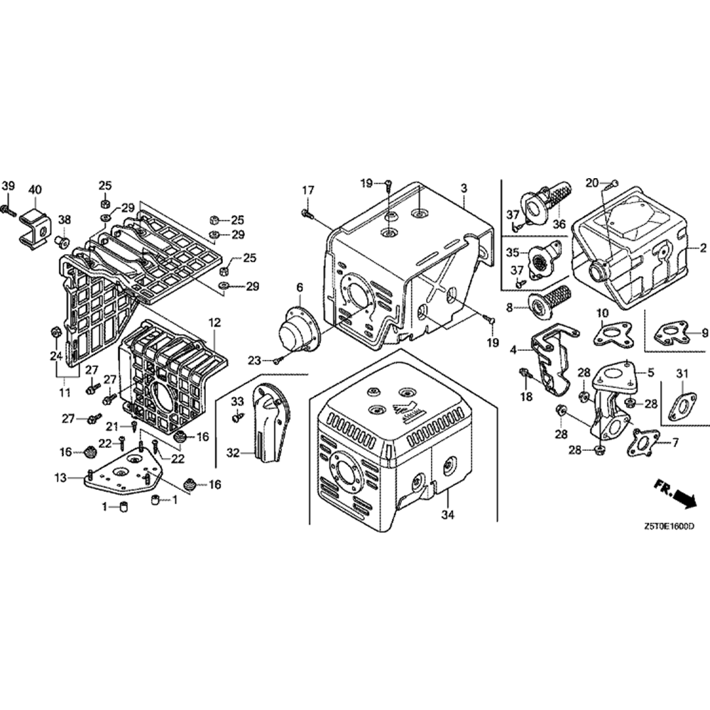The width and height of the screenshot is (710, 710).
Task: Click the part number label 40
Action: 35,189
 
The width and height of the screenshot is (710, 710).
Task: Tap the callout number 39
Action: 8,185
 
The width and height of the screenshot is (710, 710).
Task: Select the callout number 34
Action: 448,514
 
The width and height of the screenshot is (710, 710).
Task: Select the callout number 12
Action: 214,323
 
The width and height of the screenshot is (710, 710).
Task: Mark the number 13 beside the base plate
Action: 60,478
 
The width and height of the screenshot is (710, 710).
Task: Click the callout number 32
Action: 233,452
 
